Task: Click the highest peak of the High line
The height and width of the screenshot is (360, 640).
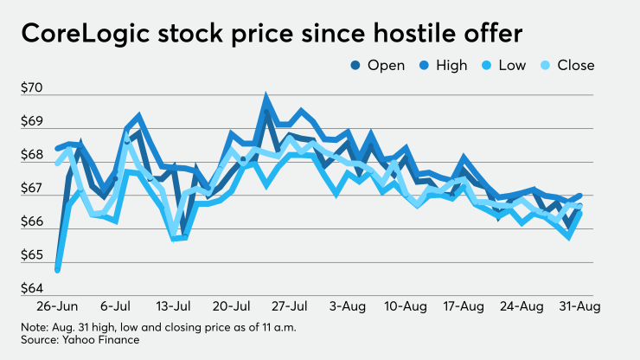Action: pos(266,98)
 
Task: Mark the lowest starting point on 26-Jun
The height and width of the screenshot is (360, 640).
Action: pos(57,269)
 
